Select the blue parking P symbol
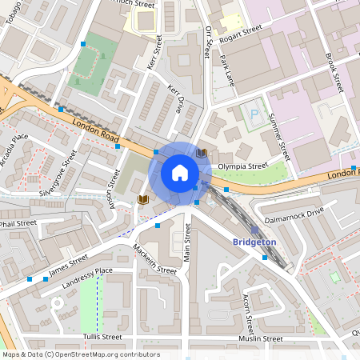255,114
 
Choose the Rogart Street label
240,31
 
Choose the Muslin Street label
260,338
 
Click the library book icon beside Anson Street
143,198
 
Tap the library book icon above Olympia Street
202,152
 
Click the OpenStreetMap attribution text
81,354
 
